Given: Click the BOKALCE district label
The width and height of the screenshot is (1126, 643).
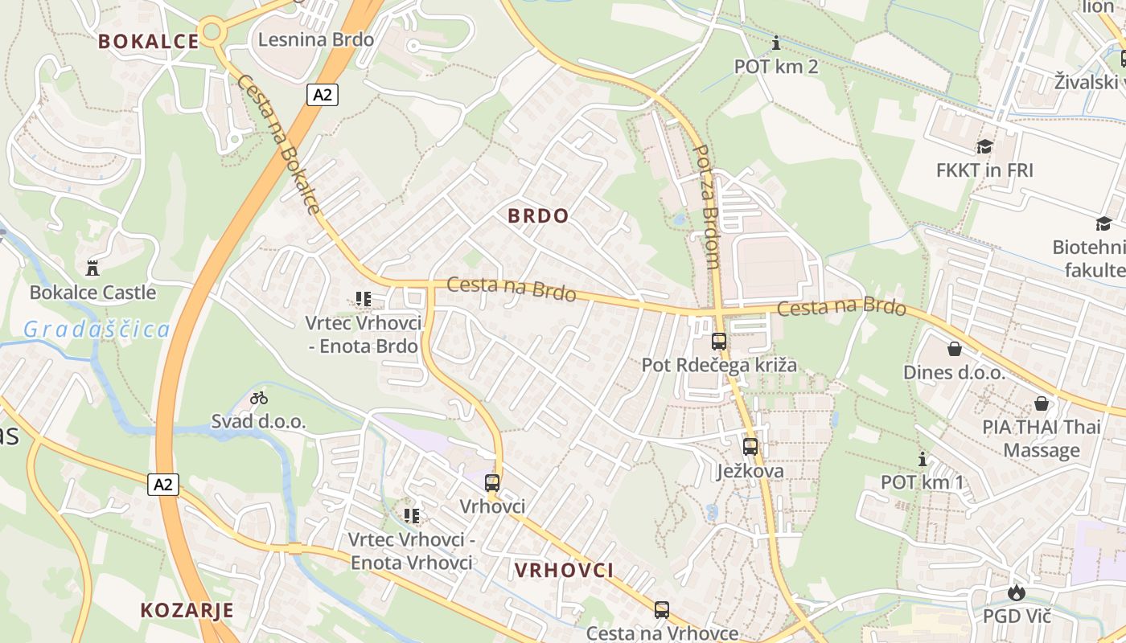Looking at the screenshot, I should [x=148, y=42].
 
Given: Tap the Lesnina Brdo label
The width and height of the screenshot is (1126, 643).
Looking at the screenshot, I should [x=316, y=39].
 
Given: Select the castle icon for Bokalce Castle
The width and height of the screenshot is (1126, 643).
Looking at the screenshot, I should [x=92, y=268].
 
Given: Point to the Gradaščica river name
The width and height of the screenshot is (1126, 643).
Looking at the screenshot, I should [x=97, y=329].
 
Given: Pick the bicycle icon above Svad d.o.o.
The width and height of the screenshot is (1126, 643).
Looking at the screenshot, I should [x=258, y=398].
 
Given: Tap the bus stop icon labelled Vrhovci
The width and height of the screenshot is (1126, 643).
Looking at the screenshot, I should [x=492, y=483].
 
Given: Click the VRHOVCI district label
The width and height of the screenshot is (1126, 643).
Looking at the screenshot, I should [x=564, y=571].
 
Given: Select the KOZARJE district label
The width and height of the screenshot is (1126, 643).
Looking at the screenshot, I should [x=187, y=610].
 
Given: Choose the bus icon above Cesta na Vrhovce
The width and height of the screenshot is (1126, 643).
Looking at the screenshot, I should [x=662, y=610].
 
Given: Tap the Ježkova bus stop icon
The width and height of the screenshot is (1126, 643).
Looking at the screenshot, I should [x=750, y=447].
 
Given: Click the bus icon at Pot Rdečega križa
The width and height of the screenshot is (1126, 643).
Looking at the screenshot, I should [x=719, y=341].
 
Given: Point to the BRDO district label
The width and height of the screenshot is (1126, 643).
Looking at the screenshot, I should [x=539, y=215].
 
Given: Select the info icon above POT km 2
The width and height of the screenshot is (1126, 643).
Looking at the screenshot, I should [x=776, y=43].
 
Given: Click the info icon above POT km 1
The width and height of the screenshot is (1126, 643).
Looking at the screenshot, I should [x=923, y=460].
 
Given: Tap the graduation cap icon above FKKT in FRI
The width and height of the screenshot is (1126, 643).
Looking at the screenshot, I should [x=984, y=146].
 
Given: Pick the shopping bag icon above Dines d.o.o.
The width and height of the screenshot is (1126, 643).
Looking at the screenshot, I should [x=955, y=349].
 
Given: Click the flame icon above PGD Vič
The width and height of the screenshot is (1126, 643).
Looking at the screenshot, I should [x=1017, y=593].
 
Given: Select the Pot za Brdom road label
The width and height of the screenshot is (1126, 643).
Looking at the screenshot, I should [x=706, y=206].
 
